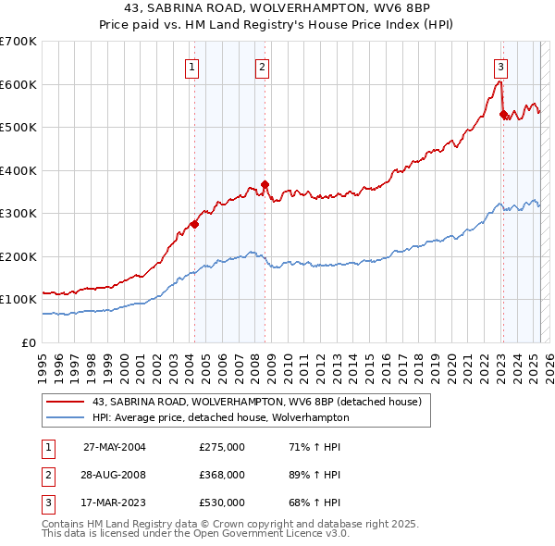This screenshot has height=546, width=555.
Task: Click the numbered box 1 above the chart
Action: [191, 67]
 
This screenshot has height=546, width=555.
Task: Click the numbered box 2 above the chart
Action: [263, 67]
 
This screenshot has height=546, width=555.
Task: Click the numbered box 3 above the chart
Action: [500, 67]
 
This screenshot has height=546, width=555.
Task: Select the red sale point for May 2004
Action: [195, 223]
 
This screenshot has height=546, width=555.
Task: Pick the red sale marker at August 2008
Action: [265, 184]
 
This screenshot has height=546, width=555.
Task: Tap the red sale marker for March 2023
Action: [503, 115]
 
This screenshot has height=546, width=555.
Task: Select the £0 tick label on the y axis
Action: [30, 342]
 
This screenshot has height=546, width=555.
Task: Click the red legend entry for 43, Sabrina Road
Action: [256, 402]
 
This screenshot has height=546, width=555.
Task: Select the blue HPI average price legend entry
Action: [220, 417]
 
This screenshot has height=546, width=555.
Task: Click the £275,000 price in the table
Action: [222, 447]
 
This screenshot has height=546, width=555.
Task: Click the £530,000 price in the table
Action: [222, 503]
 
